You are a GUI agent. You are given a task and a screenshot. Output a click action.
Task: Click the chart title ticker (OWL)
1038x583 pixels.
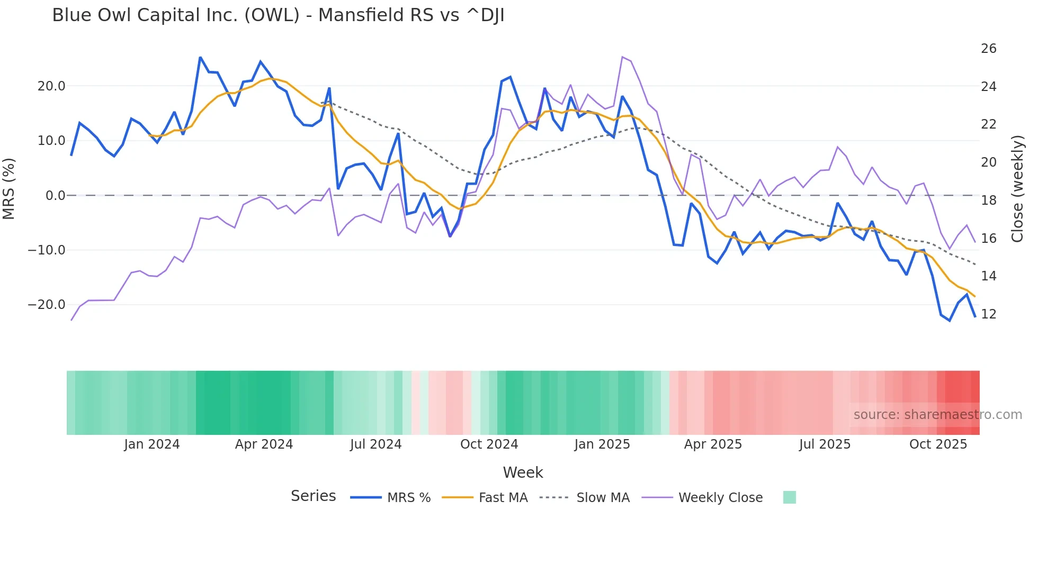[272, 15]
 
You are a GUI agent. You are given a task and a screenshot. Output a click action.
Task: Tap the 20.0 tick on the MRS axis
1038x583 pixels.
[51, 86]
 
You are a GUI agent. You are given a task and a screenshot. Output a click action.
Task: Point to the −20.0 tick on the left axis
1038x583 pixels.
[47, 305]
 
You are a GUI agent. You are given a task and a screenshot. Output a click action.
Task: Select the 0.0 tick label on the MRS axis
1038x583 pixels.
[56, 196]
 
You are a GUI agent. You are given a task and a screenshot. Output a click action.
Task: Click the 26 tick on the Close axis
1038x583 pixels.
[988, 49]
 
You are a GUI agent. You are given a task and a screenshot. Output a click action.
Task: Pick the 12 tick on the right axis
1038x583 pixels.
[988, 314]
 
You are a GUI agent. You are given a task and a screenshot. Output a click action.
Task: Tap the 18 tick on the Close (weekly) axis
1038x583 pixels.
[988, 201]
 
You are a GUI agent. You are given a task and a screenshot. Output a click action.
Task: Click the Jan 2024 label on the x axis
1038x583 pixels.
[152, 444]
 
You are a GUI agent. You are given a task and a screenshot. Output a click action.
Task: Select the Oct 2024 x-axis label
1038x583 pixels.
[489, 444]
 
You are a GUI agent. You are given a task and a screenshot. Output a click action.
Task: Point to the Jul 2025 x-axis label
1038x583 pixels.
[825, 444]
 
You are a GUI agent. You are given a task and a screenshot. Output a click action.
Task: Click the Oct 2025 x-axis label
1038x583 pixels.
[938, 444]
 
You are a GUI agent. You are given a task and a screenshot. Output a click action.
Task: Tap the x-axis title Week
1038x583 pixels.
[523, 472]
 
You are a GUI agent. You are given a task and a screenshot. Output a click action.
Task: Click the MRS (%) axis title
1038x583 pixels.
[8, 189]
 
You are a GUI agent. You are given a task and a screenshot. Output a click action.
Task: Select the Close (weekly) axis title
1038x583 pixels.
[1017, 189]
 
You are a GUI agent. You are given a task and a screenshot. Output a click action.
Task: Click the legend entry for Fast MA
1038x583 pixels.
[503, 498]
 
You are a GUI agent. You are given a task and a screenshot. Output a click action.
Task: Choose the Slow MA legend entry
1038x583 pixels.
[603, 498]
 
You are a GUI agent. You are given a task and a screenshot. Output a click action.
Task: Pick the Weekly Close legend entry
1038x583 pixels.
[720, 498]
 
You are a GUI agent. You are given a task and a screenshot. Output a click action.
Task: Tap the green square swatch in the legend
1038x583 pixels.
[789, 497]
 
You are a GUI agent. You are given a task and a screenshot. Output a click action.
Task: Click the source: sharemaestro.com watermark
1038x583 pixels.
[937, 415]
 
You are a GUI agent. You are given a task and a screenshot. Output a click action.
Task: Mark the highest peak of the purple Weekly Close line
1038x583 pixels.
[622, 57]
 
